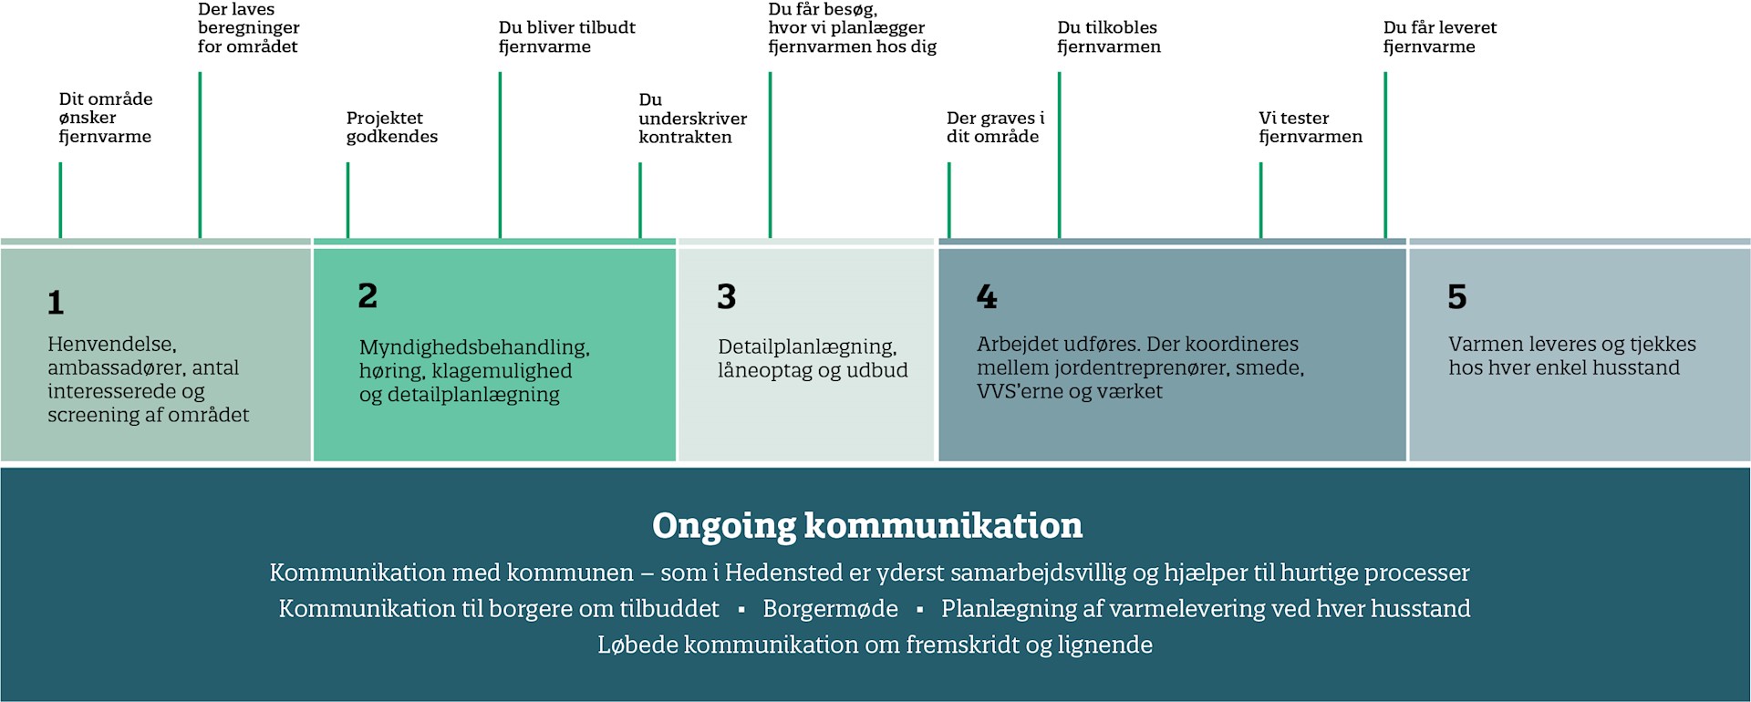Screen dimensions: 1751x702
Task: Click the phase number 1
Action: point(56,303)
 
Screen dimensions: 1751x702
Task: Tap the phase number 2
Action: point(368,295)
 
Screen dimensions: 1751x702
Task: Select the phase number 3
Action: point(726,296)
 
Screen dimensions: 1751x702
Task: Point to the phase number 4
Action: point(987,296)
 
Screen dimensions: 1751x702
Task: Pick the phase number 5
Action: point(1457,296)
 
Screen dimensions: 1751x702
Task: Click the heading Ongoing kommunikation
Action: point(867,526)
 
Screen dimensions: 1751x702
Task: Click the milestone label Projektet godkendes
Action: point(392,127)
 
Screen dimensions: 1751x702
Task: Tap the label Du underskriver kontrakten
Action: point(693,118)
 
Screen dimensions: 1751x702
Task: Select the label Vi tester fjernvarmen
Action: point(1311,127)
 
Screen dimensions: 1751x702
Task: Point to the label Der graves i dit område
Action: point(996,127)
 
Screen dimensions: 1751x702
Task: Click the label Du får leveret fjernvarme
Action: point(1440,36)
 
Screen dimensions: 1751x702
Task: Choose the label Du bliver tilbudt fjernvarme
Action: point(567,36)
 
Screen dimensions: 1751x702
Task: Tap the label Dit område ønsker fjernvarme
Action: point(106,118)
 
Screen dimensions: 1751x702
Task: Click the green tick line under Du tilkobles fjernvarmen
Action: point(1059,155)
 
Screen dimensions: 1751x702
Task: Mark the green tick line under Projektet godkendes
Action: point(347,201)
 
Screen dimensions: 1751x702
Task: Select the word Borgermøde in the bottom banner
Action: point(830,609)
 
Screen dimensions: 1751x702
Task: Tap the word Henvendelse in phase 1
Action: point(112,345)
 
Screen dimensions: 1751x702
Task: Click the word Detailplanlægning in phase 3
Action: point(807,347)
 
